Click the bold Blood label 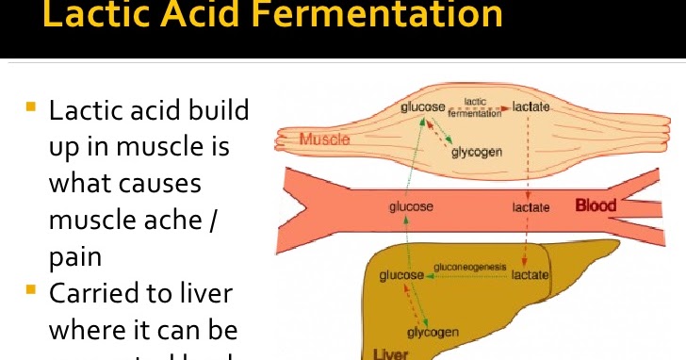596,205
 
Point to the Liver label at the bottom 391,353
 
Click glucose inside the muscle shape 422,107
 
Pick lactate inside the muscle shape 531,107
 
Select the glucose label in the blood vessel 412,206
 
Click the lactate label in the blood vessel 531,206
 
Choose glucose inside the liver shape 401,275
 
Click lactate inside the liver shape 530,275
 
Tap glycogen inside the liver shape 433,333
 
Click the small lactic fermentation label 476,107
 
